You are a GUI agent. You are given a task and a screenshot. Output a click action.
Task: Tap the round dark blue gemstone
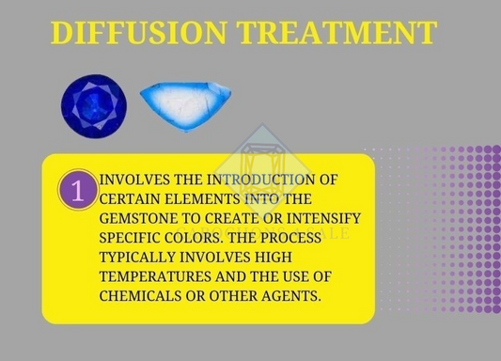click(x=93, y=102)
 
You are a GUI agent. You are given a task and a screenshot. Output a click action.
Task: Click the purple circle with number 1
click(x=78, y=188)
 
